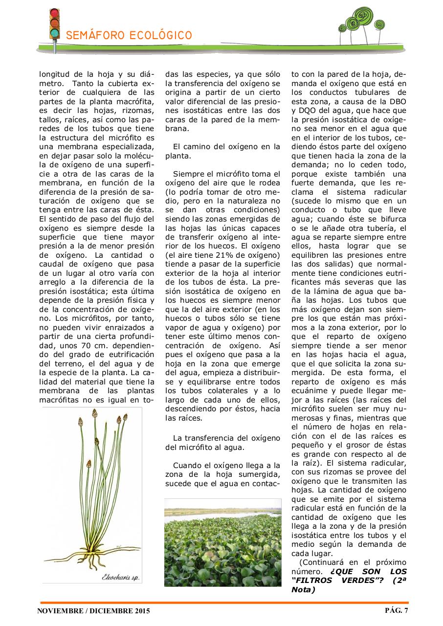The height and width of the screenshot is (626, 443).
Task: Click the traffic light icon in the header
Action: pyautogui.click(x=55, y=24)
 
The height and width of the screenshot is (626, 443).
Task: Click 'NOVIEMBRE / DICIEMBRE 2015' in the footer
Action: pyautogui.click(x=93, y=611)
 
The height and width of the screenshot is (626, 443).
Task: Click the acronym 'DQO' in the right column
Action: pyautogui.click(x=309, y=111)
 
